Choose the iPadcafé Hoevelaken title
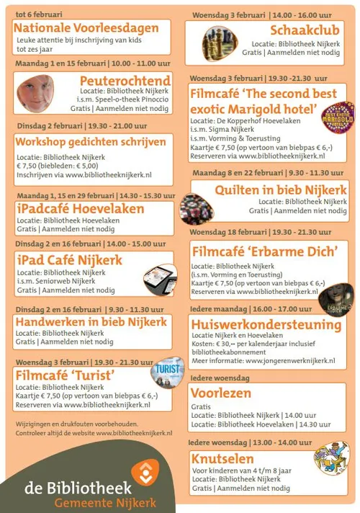80,209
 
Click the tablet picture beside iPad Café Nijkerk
159,277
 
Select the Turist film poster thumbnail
166,373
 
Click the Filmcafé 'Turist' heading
65,375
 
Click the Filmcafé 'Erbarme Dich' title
264,252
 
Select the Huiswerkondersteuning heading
266,325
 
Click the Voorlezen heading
221,393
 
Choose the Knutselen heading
222,459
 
